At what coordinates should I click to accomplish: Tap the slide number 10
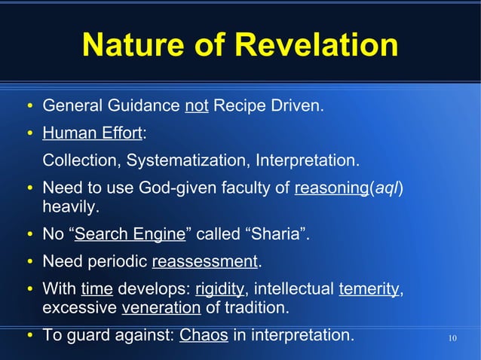[x=452, y=337]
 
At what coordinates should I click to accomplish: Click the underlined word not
[x=196, y=104]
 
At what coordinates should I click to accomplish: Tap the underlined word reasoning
[x=330, y=188]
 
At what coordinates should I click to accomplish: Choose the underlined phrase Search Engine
[x=130, y=234]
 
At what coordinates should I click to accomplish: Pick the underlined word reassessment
[x=204, y=262]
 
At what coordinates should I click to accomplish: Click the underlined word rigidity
[x=219, y=290]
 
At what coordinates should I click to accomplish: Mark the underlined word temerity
[x=369, y=290]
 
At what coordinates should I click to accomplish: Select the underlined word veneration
[x=161, y=308]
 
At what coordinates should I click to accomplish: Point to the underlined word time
[x=97, y=290]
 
